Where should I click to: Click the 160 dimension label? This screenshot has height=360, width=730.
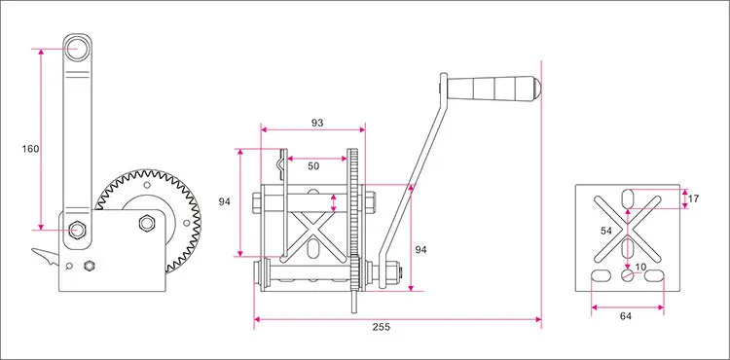pos(31,149)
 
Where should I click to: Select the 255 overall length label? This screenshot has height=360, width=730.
pos(382,327)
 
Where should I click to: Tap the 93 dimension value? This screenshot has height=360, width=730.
pos(317,123)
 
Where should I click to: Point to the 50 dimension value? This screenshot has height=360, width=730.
pos(313,166)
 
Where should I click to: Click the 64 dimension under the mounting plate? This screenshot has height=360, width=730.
pos(626,316)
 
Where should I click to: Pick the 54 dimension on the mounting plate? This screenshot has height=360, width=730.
pos(606,231)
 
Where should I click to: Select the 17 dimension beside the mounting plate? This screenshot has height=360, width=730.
pos(693,198)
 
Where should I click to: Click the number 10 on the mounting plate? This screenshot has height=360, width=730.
pos(640,267)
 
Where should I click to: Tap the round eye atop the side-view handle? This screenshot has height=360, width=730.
pos(76,49)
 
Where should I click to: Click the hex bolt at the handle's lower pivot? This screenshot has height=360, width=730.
pos(77,230)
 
